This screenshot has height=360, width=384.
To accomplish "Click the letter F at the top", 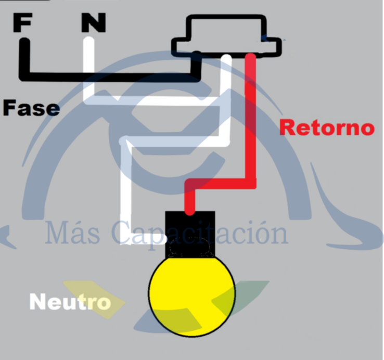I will [x=22, y=22].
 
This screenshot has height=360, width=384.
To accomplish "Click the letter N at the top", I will [x=94, y=22].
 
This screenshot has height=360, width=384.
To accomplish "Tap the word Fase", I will [x=31, y=108].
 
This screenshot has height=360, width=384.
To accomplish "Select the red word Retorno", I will [x=327, y=127].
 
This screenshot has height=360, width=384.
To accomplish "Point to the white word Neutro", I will [x=70, y=302].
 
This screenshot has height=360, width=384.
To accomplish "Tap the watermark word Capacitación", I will [x=200, y=233].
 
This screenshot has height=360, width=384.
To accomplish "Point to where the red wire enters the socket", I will [x=190, y=211].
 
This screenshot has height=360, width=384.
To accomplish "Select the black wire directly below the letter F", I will [x=24, y=57].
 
